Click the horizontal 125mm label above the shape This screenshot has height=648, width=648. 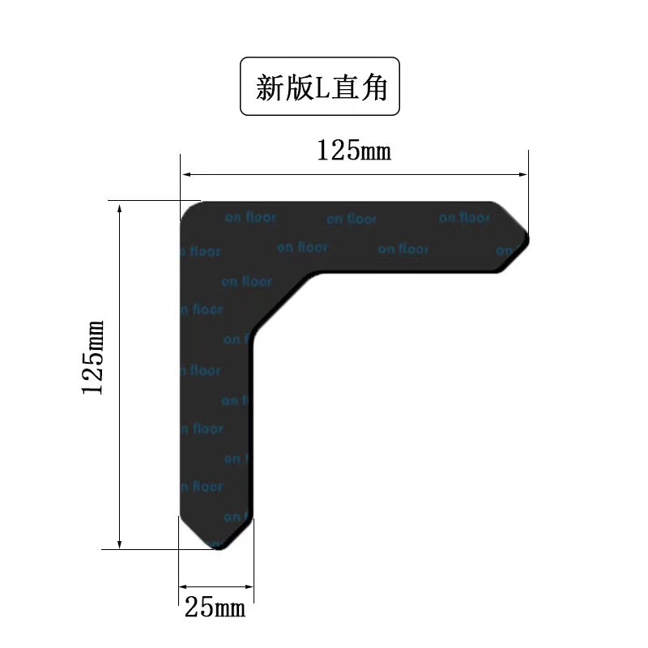click(x=353, y=151)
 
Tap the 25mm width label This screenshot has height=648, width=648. click(x=215, y=607)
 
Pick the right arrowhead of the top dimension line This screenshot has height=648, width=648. click(x=522, y=174)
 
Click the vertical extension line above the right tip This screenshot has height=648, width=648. click(x=528, y=186)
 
